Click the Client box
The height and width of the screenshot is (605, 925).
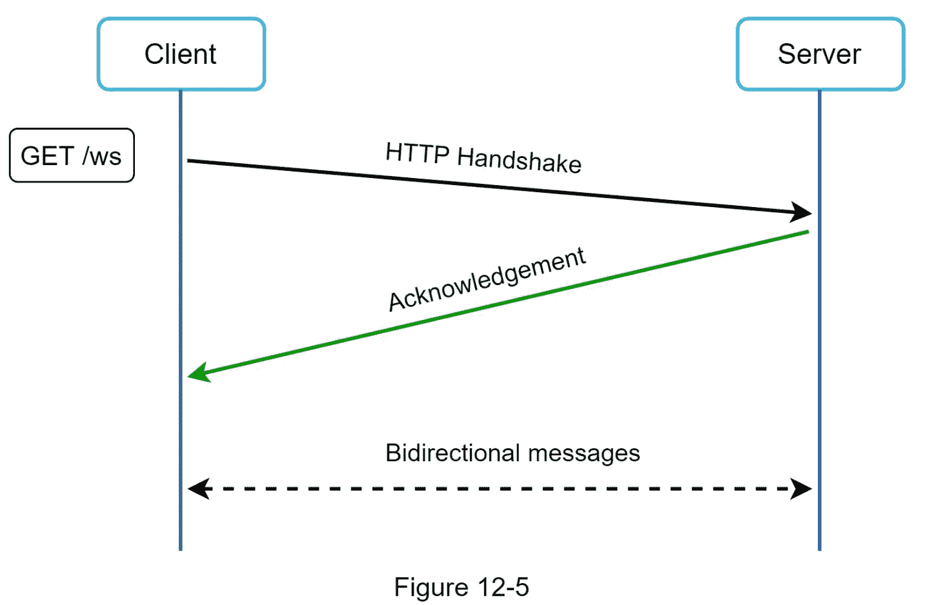[181, 54]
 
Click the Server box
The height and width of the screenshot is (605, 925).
[819, 54]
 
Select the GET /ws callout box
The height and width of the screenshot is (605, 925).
[72, 155]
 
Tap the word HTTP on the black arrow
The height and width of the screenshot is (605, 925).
[417, 153]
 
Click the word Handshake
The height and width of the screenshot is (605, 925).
[519, 159]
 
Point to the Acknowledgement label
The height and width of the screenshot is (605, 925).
[487, 279]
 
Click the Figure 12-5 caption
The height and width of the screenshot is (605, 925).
[461, 587]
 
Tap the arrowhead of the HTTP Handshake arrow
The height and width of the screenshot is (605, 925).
[802, 212]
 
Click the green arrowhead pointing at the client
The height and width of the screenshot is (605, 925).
[198, 373]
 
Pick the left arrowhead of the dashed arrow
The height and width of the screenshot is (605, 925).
[198, 489]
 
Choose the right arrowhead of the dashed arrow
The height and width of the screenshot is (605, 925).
[802, 489]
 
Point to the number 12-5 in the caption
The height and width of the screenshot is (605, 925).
[503, 587]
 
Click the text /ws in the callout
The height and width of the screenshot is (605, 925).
[102, 156]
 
